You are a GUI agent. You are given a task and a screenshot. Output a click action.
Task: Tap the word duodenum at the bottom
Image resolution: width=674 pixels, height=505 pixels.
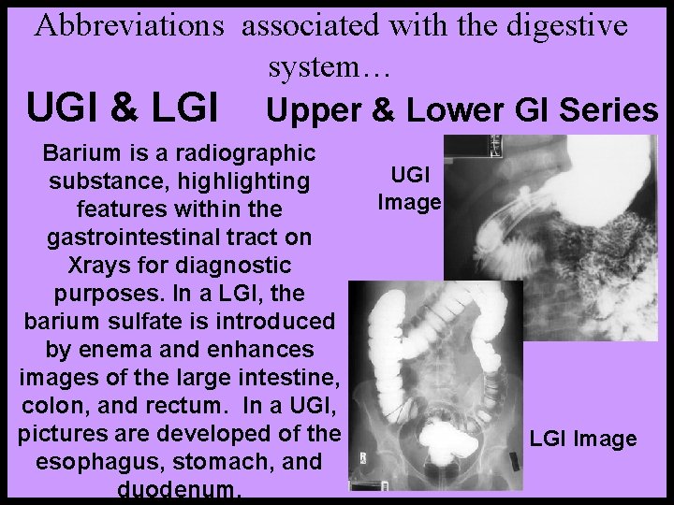pos(179,489)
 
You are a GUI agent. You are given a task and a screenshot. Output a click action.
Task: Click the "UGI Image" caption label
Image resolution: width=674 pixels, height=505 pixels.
pos(408,187)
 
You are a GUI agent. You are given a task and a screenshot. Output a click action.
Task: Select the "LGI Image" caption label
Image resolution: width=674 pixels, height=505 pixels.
pos(584,439)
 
